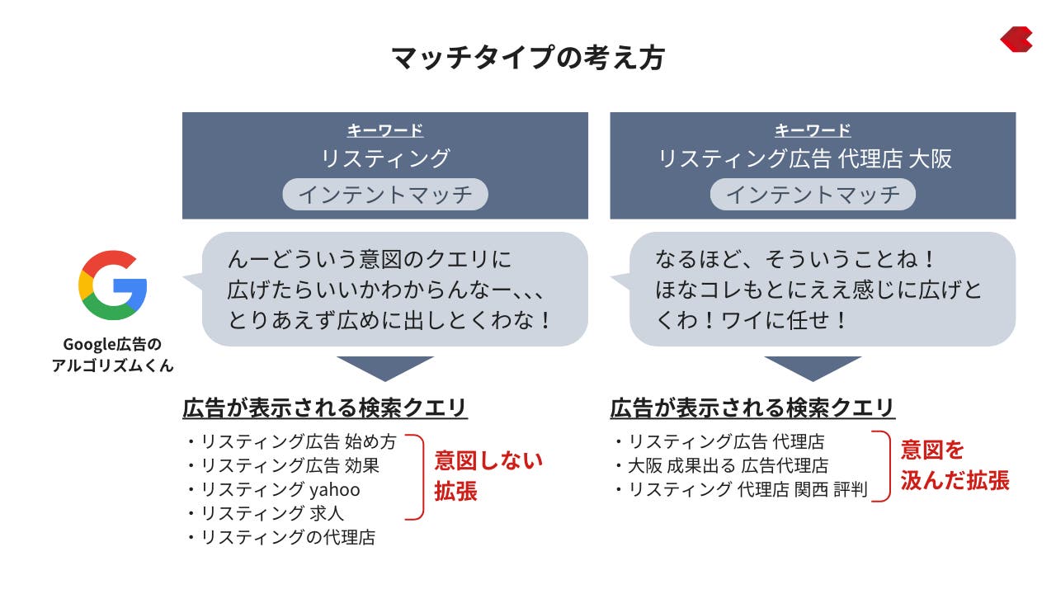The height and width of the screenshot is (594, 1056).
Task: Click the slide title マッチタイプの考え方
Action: point(528,58)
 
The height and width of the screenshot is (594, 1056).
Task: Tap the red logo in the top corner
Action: point(1016,39)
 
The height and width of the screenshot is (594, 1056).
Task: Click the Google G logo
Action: point(113,285)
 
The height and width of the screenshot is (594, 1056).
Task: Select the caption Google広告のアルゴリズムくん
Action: point(113,355)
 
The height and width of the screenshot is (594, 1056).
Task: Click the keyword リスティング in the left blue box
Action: point(385,158)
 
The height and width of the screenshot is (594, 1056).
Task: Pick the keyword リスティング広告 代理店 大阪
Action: point(804,158)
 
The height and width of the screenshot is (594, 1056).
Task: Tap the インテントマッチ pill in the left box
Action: point(385,194)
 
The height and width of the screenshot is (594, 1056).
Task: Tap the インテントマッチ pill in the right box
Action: point(813,194)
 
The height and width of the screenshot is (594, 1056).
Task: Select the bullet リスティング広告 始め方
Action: point(292,441)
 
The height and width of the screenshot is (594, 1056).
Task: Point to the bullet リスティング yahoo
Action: point(274,489)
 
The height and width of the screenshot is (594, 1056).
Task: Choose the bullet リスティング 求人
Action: point(266,513)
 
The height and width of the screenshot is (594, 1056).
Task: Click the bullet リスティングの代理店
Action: point(282,537)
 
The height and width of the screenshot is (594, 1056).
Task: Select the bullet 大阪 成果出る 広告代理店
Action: point(722,466)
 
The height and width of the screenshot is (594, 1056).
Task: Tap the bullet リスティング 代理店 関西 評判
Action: point(742,489)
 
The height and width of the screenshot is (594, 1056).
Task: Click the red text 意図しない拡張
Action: point(488,476)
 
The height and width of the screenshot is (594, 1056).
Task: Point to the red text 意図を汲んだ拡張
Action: point(955,465)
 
